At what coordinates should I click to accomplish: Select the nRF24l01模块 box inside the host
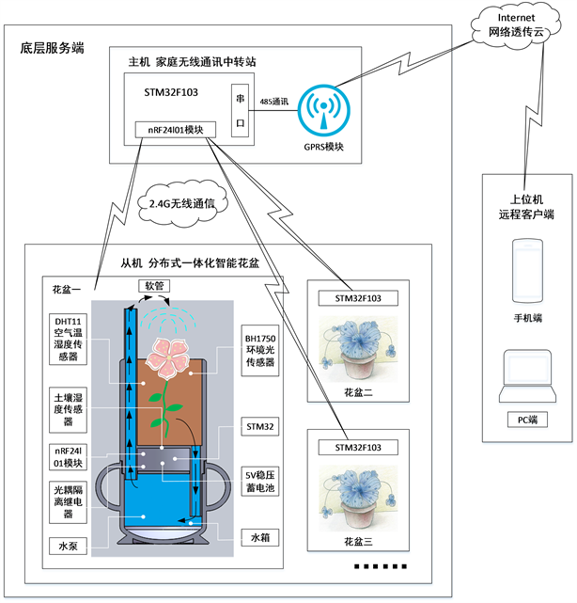tap(176, 129)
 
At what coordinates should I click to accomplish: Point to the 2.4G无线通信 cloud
tap(182, 201)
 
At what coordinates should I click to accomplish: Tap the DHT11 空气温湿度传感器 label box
tap(73, 341)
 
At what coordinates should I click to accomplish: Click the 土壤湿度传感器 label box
tap(73, 410)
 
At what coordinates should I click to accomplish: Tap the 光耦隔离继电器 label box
tap(73, 503)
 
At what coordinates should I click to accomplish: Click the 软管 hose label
tap(153, 284)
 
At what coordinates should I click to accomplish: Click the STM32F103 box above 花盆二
tap(358, 299)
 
